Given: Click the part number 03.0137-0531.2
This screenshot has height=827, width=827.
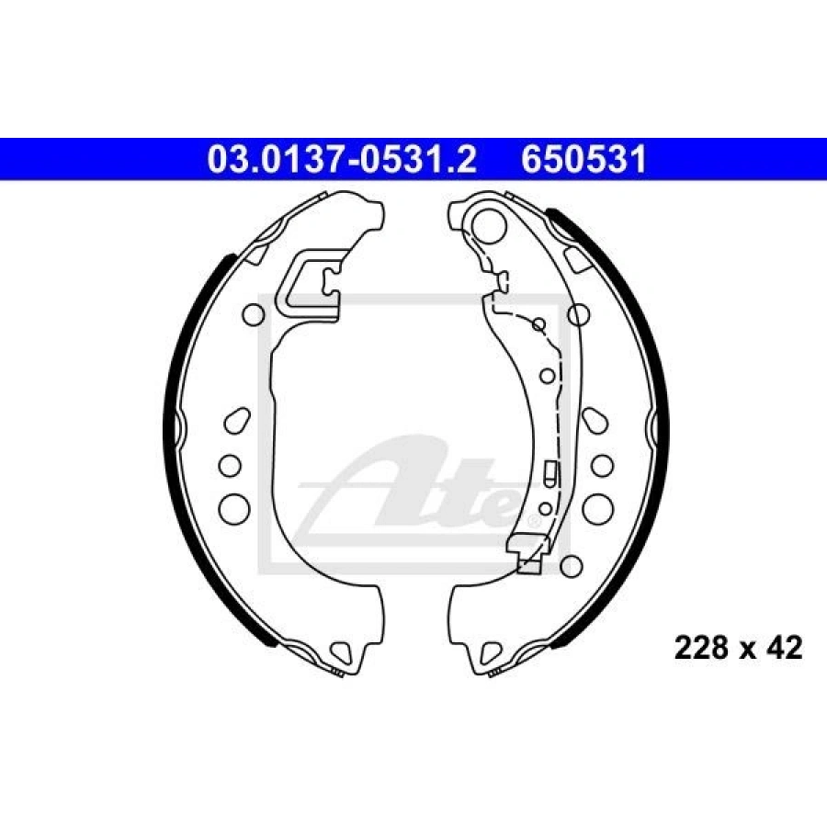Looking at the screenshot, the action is [x=342, y=159].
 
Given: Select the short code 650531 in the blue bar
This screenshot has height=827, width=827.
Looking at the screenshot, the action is [x=583, y=159].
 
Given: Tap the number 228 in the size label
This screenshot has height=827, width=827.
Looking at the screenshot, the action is [x=701, y=648].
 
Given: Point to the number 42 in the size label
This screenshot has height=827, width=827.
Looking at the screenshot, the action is [x=785, y=648].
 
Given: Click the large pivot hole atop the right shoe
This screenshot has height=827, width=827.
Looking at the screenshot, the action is [x=489, y=225].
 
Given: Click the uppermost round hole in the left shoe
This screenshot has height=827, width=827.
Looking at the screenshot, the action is [x=254, y=314].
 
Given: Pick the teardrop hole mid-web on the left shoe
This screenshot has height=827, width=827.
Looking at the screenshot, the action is [x=237, y=420].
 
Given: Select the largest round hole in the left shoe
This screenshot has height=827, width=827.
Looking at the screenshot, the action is [x=233, y=509].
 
